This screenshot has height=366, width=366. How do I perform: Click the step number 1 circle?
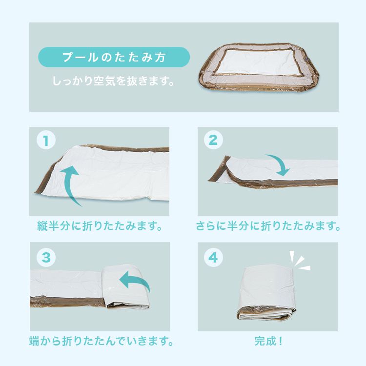click(x=46, y=140)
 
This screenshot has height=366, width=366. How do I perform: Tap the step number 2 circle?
click(x=213, y=140)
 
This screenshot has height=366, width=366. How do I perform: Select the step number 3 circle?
click(x=46, y=258)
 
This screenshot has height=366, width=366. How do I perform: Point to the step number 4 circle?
click(x=213, y=258)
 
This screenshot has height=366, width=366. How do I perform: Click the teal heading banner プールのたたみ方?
click(x=114, y=57)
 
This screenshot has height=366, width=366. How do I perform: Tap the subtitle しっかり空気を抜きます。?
click(x=113, y=81)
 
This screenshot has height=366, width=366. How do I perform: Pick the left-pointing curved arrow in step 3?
click(x=134, y=280)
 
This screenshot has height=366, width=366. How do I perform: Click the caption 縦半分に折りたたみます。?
click(x=100, y=226)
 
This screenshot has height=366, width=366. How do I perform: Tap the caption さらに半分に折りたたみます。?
click(x=268, y=226)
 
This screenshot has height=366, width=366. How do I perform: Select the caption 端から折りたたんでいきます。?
click(x=102, y=341)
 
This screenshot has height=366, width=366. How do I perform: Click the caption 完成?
click(x=268, y=341)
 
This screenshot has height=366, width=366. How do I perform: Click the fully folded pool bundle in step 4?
click(x=266, y=293)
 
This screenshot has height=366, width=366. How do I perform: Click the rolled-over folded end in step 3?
click(x=126, y=286)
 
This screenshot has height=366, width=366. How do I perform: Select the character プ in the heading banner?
click(x=68, y=57)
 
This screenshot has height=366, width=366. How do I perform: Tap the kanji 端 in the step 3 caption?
click(x=34, y=341)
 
